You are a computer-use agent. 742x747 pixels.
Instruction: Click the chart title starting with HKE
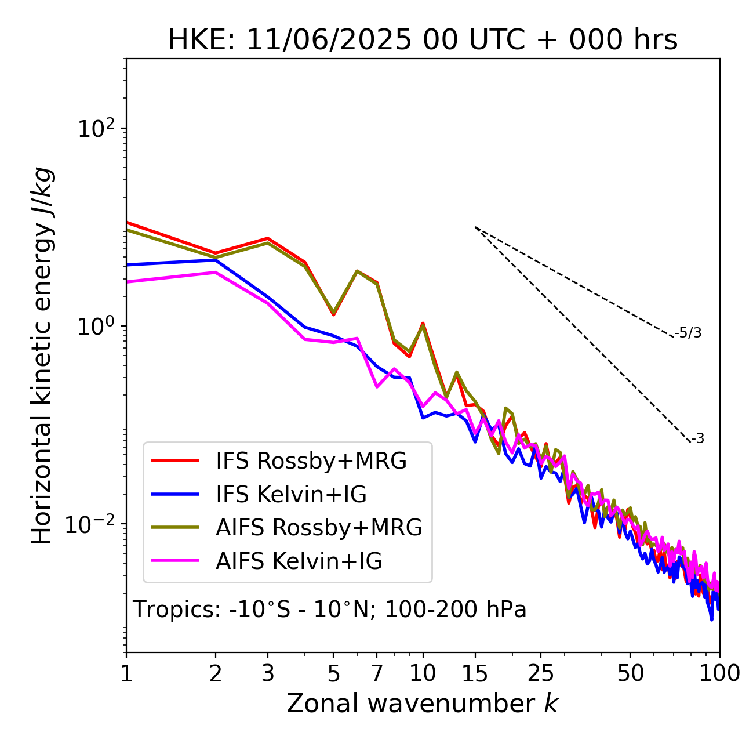(x=423, y=40)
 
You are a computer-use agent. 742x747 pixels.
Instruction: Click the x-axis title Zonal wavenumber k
(x=422, y=703)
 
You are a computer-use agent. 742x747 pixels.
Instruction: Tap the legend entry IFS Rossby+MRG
(x=311, y=461)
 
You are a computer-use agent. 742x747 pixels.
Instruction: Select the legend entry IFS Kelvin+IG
(x=291, y=494)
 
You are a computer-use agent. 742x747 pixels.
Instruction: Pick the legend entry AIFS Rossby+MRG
(x=319, y=527)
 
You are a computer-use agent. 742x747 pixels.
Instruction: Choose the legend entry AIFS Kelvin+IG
(x=299, y=561)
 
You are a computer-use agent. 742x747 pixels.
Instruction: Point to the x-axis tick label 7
(x=377, y=673)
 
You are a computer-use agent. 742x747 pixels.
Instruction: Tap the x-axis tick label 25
(x=541, y=673)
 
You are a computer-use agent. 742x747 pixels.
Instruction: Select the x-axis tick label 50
(x=631, y=673)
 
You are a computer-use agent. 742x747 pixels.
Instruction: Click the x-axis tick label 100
(x=719, y=673)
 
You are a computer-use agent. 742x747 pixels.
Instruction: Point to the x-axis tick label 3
(x=268, y=673)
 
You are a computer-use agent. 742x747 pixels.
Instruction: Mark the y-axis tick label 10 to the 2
(x=95, y=129)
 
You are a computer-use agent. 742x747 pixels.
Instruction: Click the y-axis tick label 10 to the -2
(x=92, y=524)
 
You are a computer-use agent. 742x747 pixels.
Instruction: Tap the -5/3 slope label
(x=688, y=333)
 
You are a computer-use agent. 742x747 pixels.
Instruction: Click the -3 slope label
(x=697, y=439)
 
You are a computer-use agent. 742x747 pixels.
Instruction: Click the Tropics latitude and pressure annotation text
(x=329, y=610)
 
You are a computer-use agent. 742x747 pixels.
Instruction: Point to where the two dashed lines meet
(x=475, y=227)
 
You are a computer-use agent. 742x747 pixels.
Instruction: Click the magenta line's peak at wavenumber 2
(x=216, y=272)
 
